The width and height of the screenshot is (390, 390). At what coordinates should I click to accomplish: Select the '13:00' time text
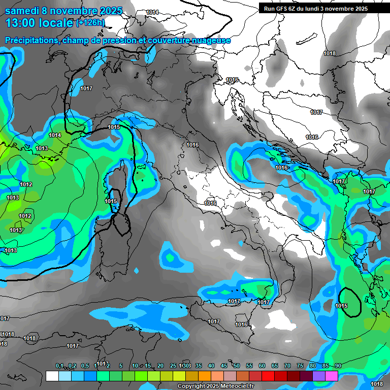(20, 23)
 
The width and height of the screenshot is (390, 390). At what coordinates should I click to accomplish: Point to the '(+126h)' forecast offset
(90, 23)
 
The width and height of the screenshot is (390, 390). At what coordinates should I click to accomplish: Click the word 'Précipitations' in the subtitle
(31, 40)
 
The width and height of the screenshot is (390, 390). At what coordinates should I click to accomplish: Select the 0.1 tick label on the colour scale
(59, 366)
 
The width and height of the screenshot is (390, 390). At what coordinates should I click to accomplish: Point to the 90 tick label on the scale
(338, 366)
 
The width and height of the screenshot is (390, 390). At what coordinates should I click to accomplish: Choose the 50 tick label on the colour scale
(237, 366)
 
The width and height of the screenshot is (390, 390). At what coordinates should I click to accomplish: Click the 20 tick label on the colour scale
(160, 366)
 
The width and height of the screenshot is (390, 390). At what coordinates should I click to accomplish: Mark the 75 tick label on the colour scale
(300, 366)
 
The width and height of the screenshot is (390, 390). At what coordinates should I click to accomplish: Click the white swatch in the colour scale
(52, 376)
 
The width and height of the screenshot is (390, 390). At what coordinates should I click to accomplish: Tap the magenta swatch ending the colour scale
(332, 376)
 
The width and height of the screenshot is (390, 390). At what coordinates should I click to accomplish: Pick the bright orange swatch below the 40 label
(205, 376)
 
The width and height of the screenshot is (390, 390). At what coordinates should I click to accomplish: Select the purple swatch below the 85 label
(319, 376)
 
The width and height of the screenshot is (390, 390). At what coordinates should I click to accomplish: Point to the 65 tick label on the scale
(275, 366)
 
